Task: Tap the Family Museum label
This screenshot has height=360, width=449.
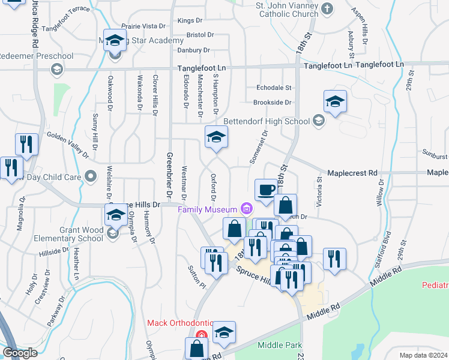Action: pyautogui.click(x=208, y=209)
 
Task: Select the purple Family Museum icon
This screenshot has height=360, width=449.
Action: pyautogui.click(x=246, y=209)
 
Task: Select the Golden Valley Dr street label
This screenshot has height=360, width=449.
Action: pyautogui.click(x=67, y=145)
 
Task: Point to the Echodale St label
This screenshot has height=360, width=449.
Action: pyautogui.click(x=273, y=88)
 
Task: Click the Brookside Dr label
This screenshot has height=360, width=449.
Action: pyautogui.click(x=272, y=103)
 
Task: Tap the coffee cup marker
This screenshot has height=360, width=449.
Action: pyautogui.click(x=266, y=190)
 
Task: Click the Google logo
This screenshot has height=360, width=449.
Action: pyautogui.click(x=20, y=353)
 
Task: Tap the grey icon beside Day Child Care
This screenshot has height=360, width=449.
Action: pyautogui.click(x=91, y=176)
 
